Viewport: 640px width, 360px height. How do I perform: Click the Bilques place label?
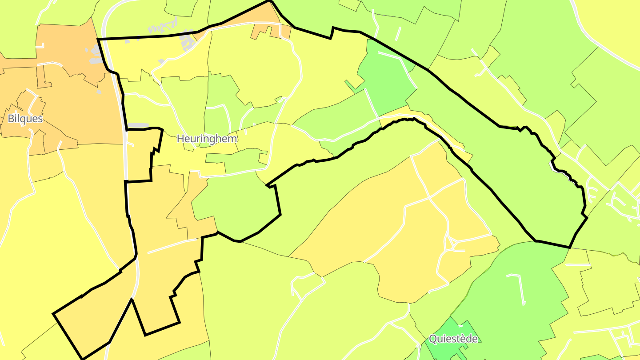tap(25, 119)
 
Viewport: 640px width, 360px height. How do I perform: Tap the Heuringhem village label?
tap(207, 139)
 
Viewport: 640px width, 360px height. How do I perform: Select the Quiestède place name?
tap(453, 339)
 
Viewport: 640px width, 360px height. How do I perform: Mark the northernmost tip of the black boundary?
tap(269, 1)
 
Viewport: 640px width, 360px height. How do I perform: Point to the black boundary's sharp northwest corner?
tap(98, 40)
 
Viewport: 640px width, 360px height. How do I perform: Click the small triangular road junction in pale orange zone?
tap(451, 243)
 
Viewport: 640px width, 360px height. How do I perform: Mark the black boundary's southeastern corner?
tap(569, 247)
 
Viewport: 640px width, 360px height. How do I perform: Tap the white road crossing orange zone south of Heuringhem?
tap(172, 246)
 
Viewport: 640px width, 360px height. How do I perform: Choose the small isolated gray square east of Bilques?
tap(99, 92)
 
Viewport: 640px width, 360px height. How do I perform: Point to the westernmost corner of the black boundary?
tap(54, 314)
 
